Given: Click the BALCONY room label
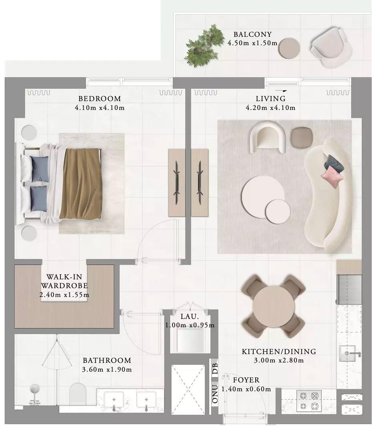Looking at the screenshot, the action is click(x=253, y=34).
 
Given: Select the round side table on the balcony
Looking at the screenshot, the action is click(x=289, y=48).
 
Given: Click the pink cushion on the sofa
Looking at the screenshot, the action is click(x=332, y=176).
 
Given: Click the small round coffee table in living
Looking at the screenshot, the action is click(x=278, y=211).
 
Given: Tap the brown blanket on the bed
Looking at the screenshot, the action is click(x=81, y=184).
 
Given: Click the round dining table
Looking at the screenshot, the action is click(x=274, y=307).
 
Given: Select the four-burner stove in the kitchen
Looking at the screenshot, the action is click(x=309, y=401).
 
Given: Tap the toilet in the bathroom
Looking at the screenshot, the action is click(x=78, y=394).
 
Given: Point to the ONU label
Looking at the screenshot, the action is click(x=215, y=394).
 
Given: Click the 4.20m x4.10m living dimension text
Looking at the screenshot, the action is click(x=270, y=108).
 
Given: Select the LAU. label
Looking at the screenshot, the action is click(x=190, y=317).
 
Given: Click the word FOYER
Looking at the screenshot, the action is click(x=246, y=380).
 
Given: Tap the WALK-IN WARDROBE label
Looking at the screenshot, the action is click(x=64, y=281).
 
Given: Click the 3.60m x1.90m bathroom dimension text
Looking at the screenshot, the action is click(x=107, y=370).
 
